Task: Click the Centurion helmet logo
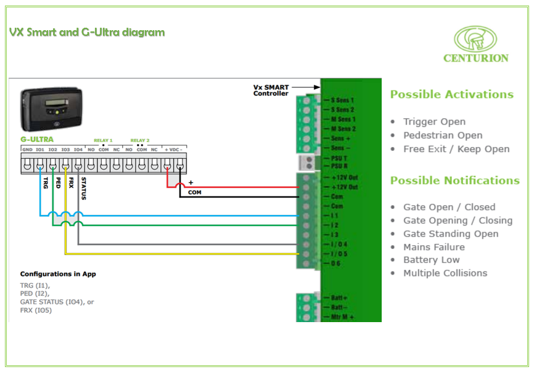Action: tap(475, 39)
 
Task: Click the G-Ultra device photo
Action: tap(52, 110)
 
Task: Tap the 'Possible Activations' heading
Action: tap(451, 94)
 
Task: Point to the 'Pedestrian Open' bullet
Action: tap(443, 135)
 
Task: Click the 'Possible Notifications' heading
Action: tap(454, 180)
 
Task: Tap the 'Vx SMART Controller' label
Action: tap(271, 91)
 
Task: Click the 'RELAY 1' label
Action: tap(103, 140)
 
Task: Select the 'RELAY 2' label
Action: tap(139, 140)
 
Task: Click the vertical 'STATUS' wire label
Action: tap(83, 188)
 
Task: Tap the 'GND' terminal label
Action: tap(27, 150)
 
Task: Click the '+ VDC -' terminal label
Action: tap(173, 150)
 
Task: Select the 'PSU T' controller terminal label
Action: tap(343, 158)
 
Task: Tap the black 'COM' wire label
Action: tap(195, 193)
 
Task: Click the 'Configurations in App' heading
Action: tap(58, 274)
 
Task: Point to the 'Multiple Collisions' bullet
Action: tap(445, 273)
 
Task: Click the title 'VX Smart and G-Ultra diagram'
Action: tap(87, 32)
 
